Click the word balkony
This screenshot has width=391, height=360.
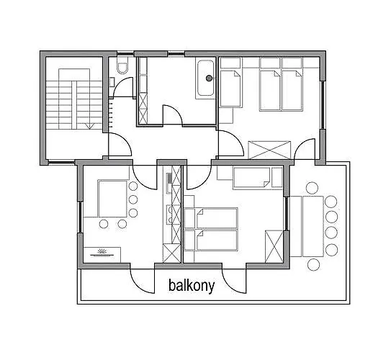pos(192,286)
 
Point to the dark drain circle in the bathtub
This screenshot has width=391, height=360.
pos(209,78)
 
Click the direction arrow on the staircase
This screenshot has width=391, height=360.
pos(89,126)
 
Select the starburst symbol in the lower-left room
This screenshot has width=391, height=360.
pos(102,251)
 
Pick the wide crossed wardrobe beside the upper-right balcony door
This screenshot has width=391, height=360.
pos(269,150)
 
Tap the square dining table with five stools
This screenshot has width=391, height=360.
pos(112,199)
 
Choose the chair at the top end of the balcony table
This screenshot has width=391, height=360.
pos(312,188)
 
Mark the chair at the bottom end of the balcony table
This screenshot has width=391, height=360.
pos(313,265)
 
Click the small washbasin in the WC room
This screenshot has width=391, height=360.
pos(112,82)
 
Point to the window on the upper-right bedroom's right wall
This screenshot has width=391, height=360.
pos(323,105)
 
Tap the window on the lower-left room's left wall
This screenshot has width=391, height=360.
pos(81,217)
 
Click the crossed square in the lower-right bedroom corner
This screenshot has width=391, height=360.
pos(274,246)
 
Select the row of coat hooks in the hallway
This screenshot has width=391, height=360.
pos(111,113)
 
